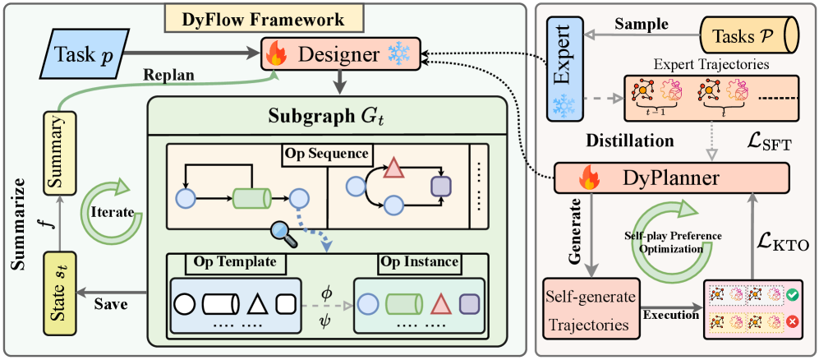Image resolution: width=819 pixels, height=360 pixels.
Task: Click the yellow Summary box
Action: click(x=59, y=143)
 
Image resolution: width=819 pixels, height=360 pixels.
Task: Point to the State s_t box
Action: click(x=59, y=281)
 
